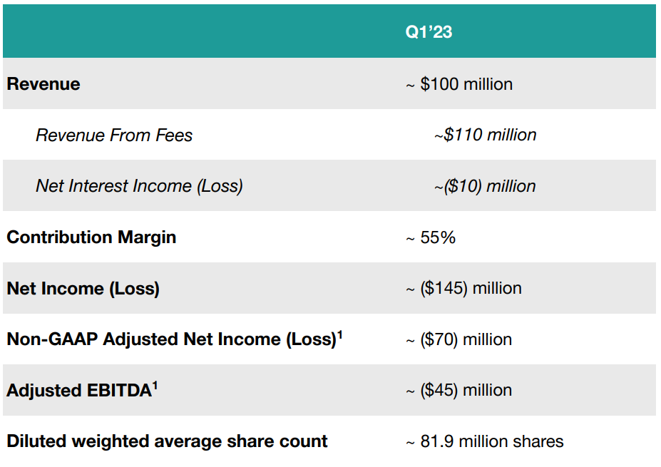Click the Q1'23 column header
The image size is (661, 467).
(x=429, y=31)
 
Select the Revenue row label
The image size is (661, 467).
(x=43, y=84)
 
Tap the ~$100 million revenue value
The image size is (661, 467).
(x=459, y=84)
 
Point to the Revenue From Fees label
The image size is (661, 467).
(x=114, y=135)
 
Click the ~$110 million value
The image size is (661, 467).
(x=485, y=135)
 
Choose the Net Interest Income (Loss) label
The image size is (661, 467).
(x=139, y=186)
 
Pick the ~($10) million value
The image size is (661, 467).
(x=485, y=186)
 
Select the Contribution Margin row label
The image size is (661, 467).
(x=91, y=237)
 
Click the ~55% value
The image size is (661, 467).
(x=431, y=237)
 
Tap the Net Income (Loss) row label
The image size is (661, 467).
(x=83, y=289)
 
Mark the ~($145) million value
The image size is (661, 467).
(x=463, y=288)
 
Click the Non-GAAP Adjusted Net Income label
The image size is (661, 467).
(x=175, y=339)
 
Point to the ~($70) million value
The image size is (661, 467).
(x=458, y=339)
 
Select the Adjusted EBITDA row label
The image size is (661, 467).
(x=82, y=390)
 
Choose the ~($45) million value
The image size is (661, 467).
(x=458, y=390)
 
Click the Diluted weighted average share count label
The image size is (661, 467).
(x=167, y=441)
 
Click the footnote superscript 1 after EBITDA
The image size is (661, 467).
(x=155, y=386)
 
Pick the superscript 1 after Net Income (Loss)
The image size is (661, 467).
(x=340, y=335)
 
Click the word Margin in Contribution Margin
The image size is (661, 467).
(x=147, y=237)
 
